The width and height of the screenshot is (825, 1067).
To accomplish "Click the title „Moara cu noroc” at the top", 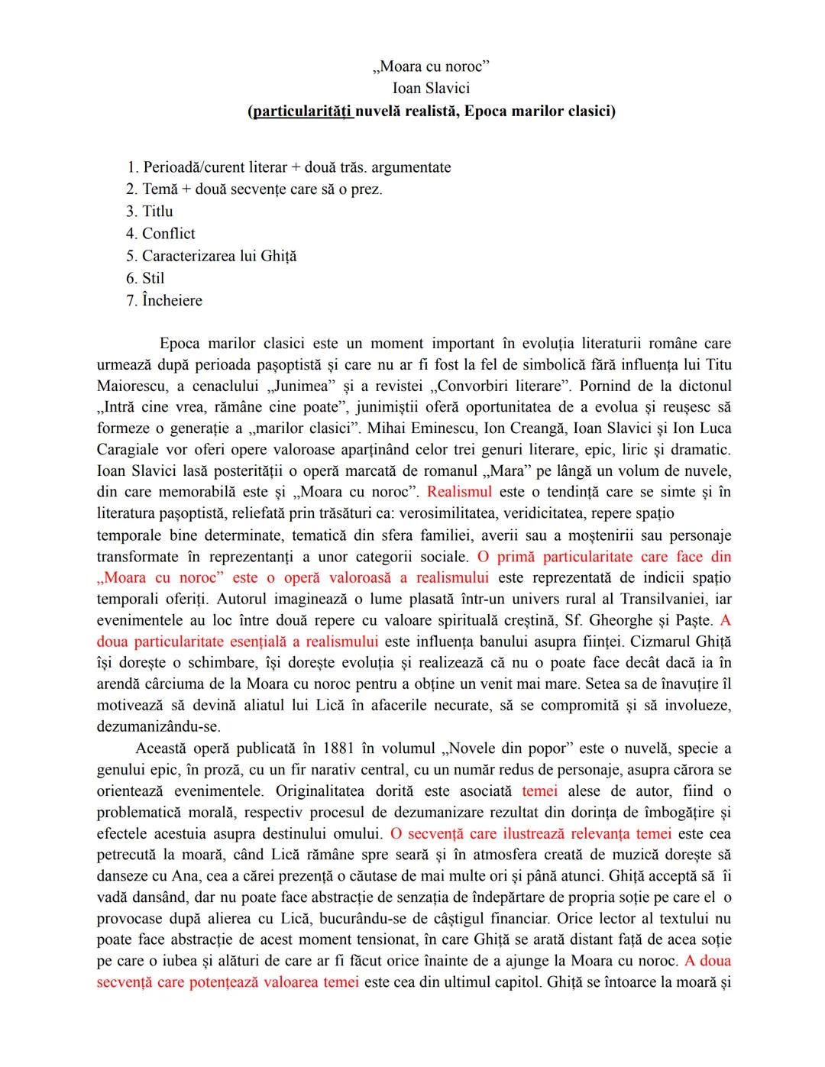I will (x=432, y=66).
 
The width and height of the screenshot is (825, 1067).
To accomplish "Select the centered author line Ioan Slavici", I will (x=431, y=89).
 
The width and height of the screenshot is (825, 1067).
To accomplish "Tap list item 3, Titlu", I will (x=157, y=212).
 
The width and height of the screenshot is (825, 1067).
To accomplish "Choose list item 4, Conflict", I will (x=168, y=234).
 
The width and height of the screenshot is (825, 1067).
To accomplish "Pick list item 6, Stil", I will (x=153, y=278).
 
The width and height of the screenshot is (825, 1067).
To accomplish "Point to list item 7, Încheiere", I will (x=172, y=301).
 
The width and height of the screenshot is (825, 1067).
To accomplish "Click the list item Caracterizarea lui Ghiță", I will (x=218, y=256).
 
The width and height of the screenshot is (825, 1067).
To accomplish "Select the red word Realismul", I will (x=459, y=492).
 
